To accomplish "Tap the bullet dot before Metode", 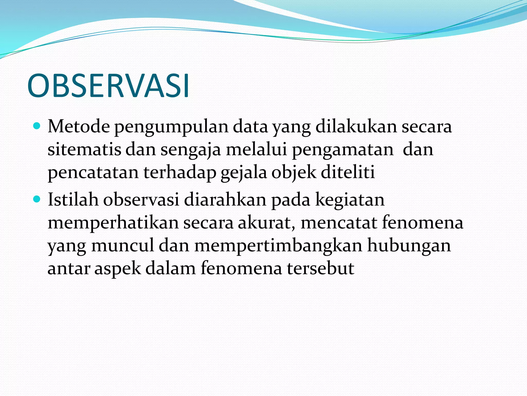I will (x=37, y=126).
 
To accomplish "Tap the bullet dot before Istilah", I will (x=37, y=199).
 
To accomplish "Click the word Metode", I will (x=78, y=127).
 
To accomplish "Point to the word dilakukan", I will (x=356, y=127).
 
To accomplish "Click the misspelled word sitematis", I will (x=84, y=150).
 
